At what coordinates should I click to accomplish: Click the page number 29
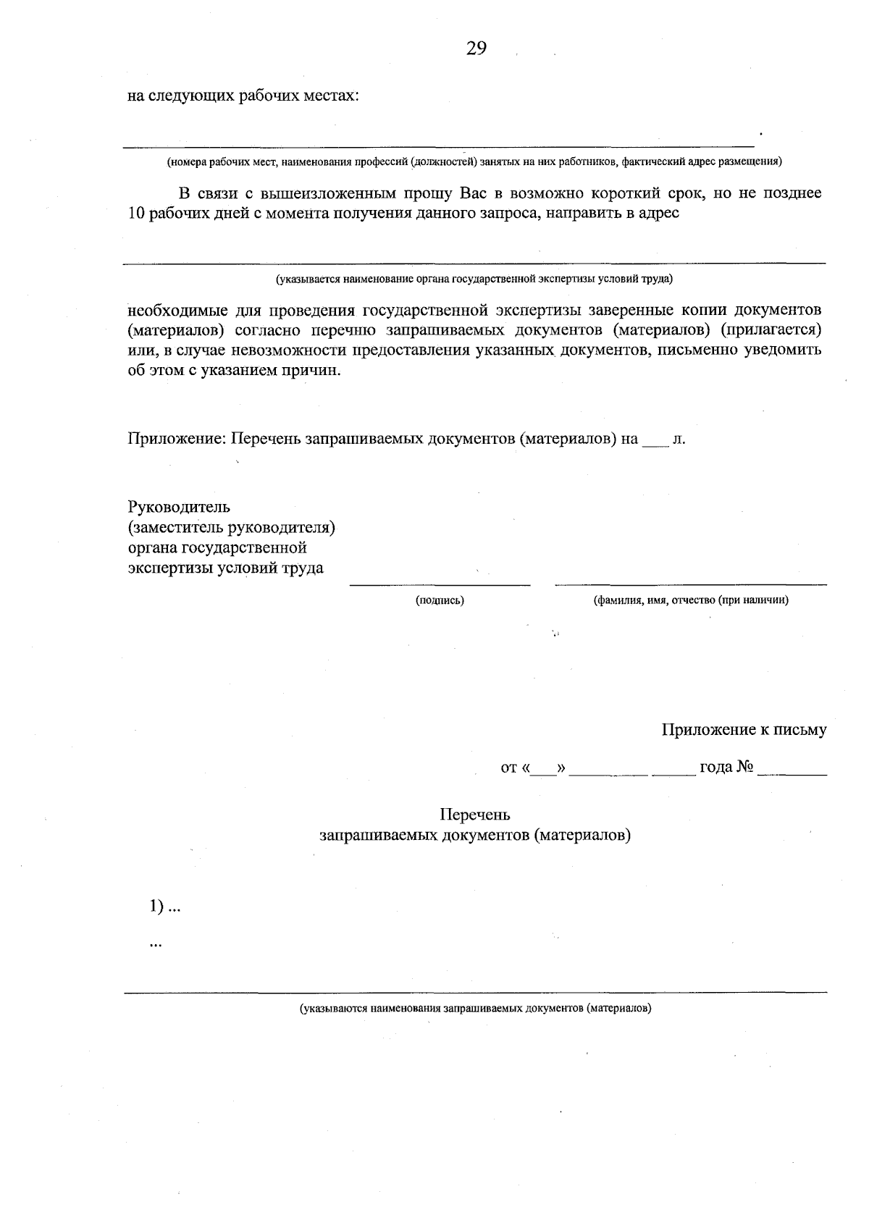pyautogui.click(x=476, y=49)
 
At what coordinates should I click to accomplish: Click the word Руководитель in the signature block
pyautogui.click(x=179, y=506)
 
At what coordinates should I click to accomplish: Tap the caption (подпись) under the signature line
pyautogui.click(x=440, y=600)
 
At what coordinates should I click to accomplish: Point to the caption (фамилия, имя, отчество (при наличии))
pyautogui.click(x=690, y=600)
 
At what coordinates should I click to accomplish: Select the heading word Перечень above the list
pyautogui.click(x=474, y=815)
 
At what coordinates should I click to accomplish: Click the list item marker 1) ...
pyautogui.click(x=156, y=907)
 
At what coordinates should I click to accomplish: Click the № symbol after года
pyautogui.click(x=746, y=767)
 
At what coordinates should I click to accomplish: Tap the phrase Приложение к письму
pyautogui.click(x=744, y=730)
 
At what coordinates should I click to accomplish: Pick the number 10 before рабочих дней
pyautogui.click(x=136, y=214)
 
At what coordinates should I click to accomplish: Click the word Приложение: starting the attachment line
pyautogui.click(x=177, y=439)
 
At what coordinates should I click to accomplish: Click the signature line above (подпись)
pyautogui.click(x=440, y=584)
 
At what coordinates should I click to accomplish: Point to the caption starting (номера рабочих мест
pyautogui.click(x=474, y=161)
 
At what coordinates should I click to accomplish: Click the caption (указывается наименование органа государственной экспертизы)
pyautogui.click(x=474, y=278)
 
